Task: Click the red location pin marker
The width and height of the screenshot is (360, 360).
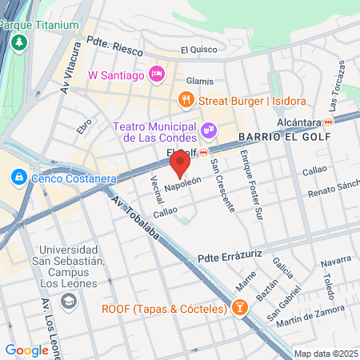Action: click(180, 166)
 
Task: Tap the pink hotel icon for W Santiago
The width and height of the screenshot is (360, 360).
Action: click(157, 74)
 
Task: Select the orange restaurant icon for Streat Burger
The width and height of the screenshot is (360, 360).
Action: click(186, 100)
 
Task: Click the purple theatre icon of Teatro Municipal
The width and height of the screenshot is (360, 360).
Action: click(208, 128)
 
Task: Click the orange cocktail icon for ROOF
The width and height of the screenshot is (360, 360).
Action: click(238, 309)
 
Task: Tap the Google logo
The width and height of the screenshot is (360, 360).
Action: click(26, 350)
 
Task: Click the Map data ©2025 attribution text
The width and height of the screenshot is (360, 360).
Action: click(326, 354)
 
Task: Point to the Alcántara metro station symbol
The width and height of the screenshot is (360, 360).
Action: click(328, 122)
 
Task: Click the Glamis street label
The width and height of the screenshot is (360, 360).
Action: click(200, 81)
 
